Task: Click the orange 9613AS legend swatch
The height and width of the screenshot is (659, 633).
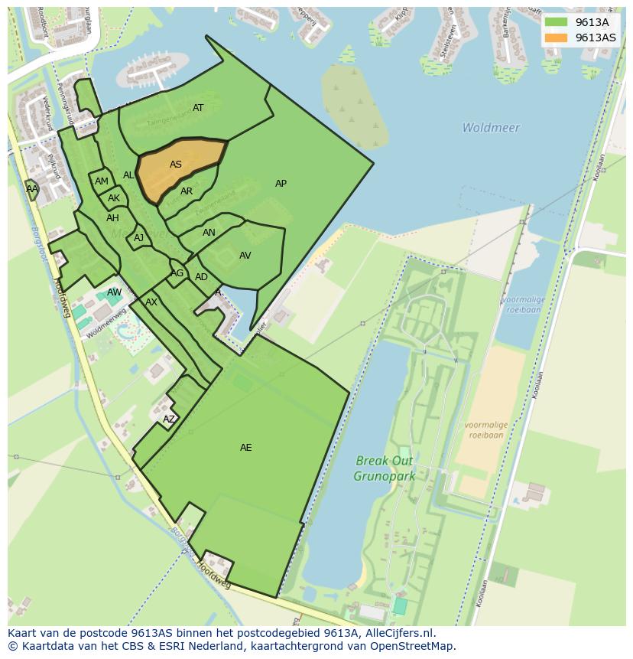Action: point(556,38)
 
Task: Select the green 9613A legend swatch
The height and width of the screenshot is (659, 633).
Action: point(556,22)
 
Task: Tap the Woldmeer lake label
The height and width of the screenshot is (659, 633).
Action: point(491,128)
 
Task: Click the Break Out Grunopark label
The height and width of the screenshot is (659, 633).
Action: point(384,468)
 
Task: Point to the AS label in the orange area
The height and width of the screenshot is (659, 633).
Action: point(176,165)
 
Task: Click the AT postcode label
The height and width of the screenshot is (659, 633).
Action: point(198,108)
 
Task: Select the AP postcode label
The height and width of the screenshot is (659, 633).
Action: point(281,184)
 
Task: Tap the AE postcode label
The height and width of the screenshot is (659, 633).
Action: point(245,448)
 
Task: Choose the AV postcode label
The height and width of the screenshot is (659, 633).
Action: point(245,256)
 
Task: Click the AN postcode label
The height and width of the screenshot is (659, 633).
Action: point(209,233)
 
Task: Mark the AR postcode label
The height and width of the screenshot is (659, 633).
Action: point(187,191)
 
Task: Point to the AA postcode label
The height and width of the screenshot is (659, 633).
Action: point(32,189)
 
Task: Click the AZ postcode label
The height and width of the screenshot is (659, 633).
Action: point(169,419)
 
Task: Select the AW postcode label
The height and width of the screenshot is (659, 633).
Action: point(114,292)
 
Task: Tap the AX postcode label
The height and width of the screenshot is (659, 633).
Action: point(151,302)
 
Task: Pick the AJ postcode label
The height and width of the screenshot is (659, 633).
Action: point(138,238)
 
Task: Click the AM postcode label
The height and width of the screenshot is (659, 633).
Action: point(102,181)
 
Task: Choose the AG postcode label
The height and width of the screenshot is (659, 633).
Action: point(177,273)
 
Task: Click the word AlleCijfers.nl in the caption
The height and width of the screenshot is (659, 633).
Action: point(398,633)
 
